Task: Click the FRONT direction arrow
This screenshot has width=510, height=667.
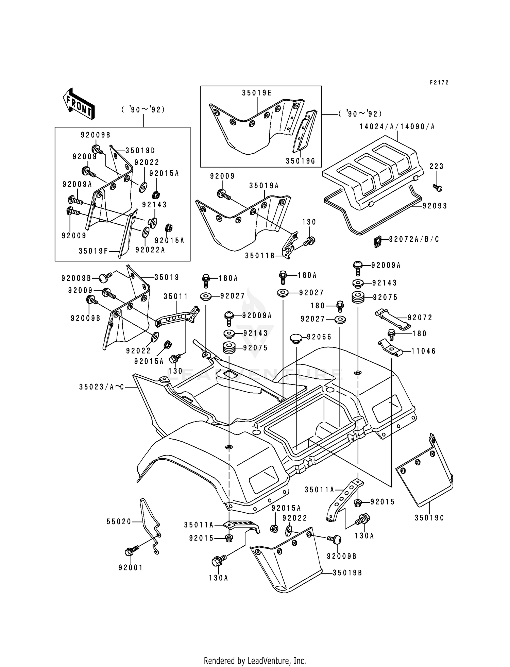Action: (x=79, y=104)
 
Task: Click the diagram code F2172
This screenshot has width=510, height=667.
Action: (x=439, y=83)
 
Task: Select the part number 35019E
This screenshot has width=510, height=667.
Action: (x=257, y=93)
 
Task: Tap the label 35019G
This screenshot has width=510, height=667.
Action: (x=301, y=161)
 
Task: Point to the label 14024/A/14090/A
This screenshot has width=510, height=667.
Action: (x=397, y=127)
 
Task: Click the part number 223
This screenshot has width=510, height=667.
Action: (x=437, y=166)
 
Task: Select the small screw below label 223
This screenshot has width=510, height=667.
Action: (x=438, y=187)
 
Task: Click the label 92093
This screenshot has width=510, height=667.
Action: (x=435, y=206)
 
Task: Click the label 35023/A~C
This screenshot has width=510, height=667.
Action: (x=102, y=387)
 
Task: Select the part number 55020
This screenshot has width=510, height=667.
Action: (x=119, y=521)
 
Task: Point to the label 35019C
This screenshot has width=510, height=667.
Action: (x=429, y=518)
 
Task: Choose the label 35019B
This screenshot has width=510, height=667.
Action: (x=347, y=573)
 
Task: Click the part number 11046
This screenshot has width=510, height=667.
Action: (x=423, y=351)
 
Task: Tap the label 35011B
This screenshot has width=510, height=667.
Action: (x=259, y=256)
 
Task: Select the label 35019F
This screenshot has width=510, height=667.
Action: (x=93, y=251)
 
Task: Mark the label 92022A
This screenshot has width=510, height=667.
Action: (x=150, y=250)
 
